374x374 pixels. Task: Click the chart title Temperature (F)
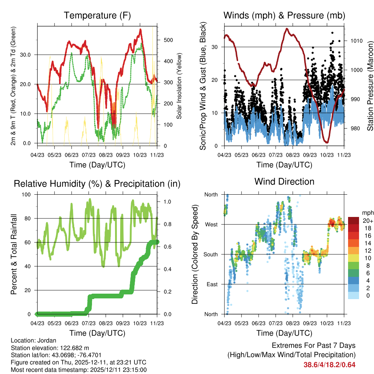[97, 15]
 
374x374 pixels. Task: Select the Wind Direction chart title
[284, 181]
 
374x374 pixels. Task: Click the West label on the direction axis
[211, 224]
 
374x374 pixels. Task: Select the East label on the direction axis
[211, 284]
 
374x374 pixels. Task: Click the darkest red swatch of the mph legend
[354, 221]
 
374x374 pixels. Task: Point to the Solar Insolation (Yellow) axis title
[179, 86]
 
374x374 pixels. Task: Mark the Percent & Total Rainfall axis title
[14, 254]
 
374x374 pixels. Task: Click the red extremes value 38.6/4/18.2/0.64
[329, 365]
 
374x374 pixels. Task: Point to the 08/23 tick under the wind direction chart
[292, 323]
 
